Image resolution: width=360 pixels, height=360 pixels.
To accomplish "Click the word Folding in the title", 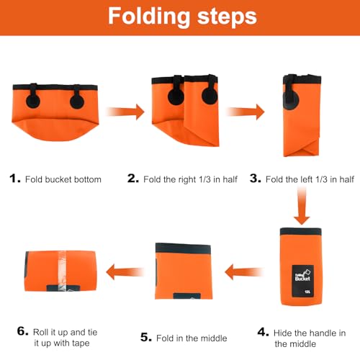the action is [x=149, y=17].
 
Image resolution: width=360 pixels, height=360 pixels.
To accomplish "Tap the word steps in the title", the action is [x=227, y=17].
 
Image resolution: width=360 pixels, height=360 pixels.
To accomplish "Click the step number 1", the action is [x=14, y=179].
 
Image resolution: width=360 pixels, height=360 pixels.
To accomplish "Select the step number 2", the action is [x=133, y=179].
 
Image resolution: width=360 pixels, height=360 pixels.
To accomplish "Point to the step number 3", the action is [x=256, y=179].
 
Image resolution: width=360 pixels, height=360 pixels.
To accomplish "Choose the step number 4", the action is [x=263, y=333].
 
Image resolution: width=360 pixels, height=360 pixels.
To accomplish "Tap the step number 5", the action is [x=146, y=337].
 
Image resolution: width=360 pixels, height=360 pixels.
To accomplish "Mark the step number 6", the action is [x=23, y=331].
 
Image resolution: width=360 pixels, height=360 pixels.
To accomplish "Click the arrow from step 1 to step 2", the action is [x=125, y=112].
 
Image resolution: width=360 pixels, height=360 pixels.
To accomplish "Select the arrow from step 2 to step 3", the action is [x=246, y=112].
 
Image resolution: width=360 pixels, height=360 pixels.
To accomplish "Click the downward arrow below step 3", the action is [x=302, y=206].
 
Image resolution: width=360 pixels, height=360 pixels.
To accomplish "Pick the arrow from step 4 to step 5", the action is [x=244, y=272].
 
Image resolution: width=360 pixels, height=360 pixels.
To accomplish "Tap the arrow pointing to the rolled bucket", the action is [x=125, y=272].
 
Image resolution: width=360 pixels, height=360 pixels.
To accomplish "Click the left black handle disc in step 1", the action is [x=33, y=101].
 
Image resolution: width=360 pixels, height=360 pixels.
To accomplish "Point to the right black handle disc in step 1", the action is [x=77, y=102].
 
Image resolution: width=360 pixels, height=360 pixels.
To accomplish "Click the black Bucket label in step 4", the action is [x=303, y=281].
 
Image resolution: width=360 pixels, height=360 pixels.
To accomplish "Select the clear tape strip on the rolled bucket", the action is [x=62, y=271].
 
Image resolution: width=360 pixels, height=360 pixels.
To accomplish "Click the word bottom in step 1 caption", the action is [x=88, y=179].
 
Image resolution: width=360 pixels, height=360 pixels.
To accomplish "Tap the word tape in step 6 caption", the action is [x=79, y=343].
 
